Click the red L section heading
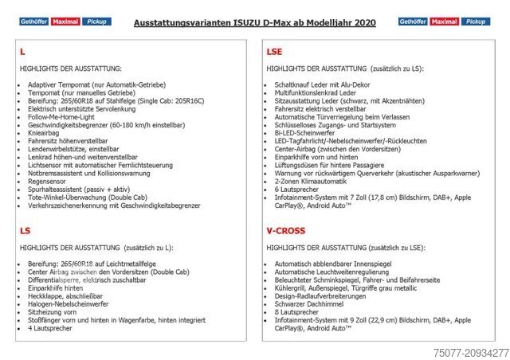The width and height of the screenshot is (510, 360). pos(22,51)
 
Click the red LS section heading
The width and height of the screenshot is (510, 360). pos(25,230)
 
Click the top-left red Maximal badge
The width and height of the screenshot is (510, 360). pos(65,22)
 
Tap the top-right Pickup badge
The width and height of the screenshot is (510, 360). pos(476,22)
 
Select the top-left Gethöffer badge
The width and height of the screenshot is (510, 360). pos(33,22)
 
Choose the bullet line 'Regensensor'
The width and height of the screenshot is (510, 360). pos(49,180)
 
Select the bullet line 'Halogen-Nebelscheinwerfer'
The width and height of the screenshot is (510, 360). pos(69,304)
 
